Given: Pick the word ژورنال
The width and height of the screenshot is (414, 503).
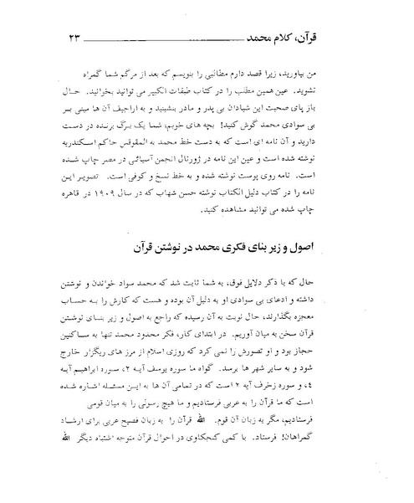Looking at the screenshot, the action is tap(211, 168).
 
